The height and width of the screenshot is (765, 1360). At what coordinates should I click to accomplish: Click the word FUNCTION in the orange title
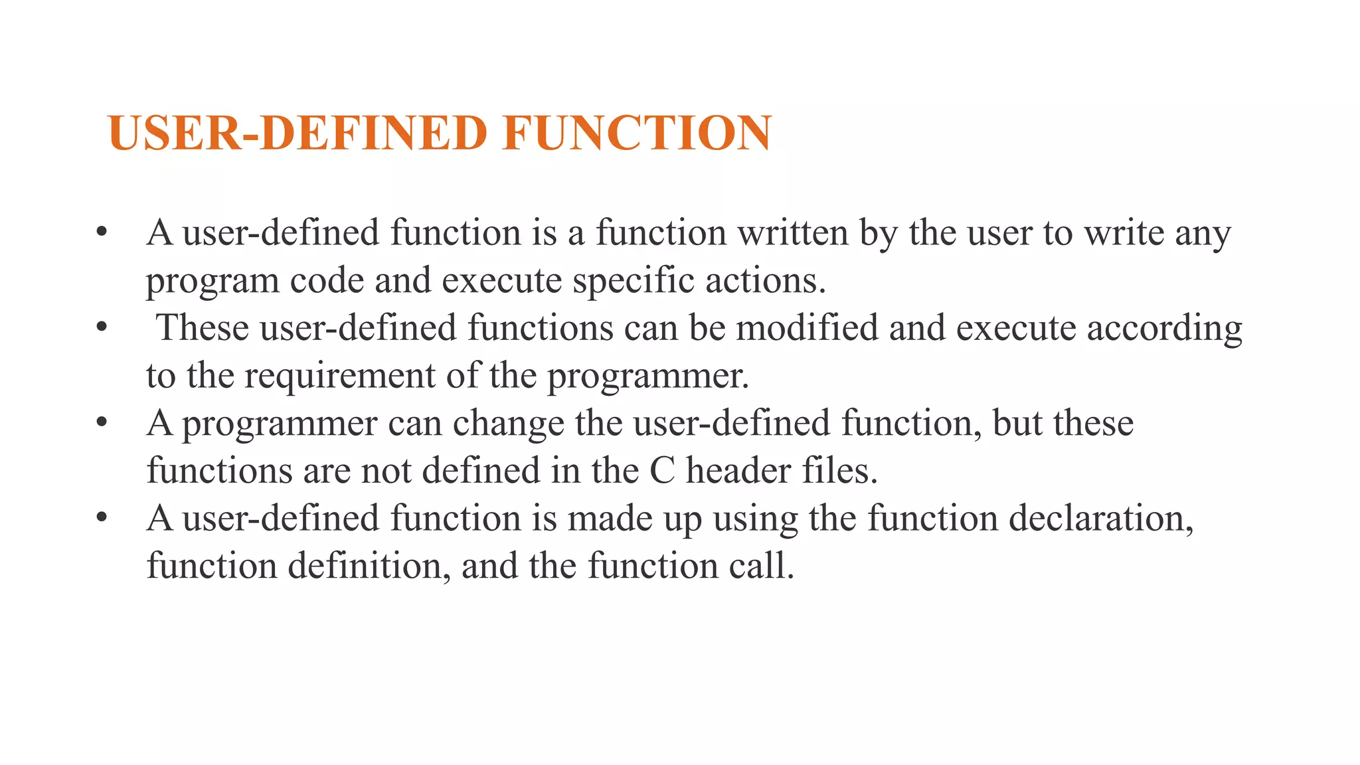pyautogui.click(x=637, y=133)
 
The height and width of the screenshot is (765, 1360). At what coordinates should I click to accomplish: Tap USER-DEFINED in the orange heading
pyautogui.click(x=298, y=133)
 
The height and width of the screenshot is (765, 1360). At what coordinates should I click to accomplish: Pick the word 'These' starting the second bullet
pyautogui.click(x=203, y=328)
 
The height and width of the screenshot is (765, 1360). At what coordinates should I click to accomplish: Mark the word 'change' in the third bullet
pyautogui.click(x=508, y=424)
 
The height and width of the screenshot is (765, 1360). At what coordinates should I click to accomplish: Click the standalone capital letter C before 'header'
pyautogui.click(x=662, y=471)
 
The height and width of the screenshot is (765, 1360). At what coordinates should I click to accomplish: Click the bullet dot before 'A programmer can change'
pyautogui.click(x=102, y=422)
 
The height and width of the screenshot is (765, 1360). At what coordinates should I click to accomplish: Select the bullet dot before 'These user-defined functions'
pyautogui.click(x=102, y=327)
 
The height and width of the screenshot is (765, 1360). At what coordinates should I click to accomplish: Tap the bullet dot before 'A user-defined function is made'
pyautogui.click(x=102, y=517)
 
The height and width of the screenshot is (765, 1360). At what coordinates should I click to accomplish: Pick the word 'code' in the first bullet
pyautogui.click(x=327, y=281)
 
